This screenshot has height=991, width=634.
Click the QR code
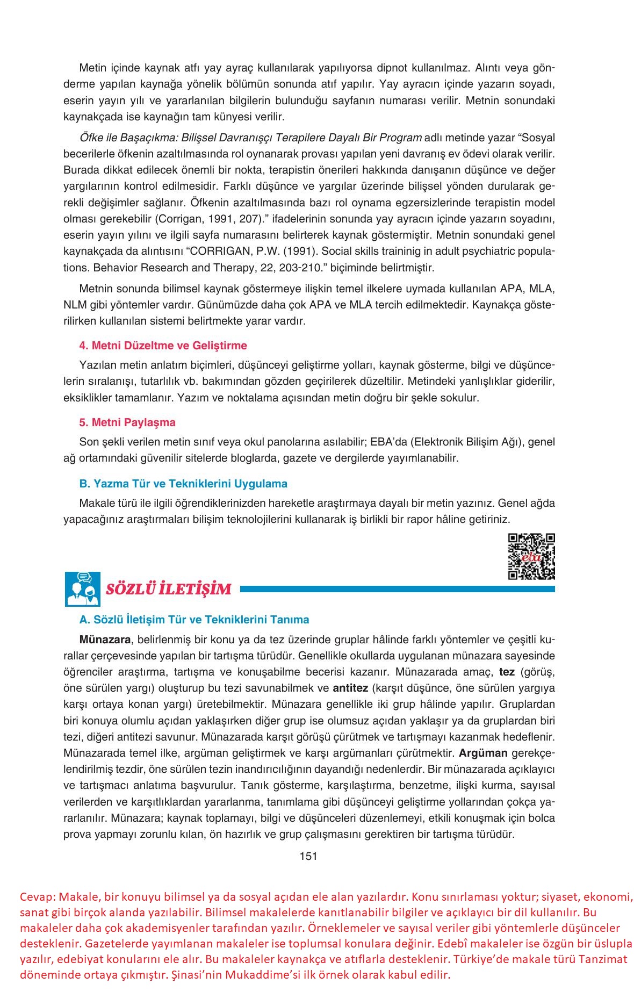click(531, 556)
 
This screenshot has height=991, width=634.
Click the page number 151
click(308, 856)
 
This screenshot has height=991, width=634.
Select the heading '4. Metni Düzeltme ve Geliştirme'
click(163, 345)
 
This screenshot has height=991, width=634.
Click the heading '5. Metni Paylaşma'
click(127, 422)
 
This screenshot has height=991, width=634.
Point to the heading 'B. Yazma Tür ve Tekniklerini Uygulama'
click(183, 483)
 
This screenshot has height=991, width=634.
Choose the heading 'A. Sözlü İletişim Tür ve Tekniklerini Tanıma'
click(194, 619)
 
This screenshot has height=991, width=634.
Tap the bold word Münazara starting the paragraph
click(105, 640)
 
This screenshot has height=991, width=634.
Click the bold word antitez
click(350, 688)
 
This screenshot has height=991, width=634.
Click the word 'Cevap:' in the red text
click(37, 896)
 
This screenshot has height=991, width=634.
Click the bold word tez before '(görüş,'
click(507, 672)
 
